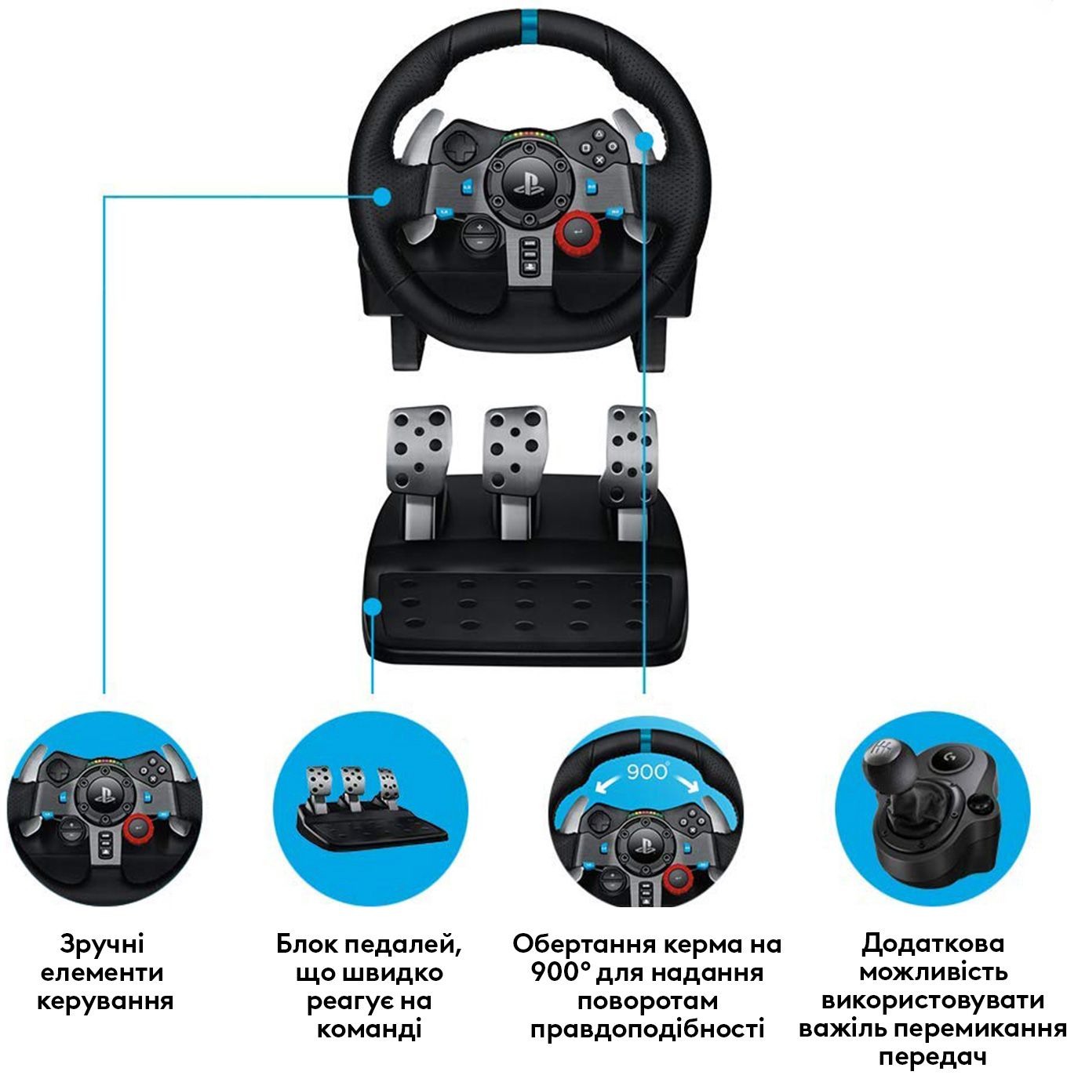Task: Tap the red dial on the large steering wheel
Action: coord(578,232)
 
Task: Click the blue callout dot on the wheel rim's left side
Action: coord(382,196)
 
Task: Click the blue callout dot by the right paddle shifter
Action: coord(645,140)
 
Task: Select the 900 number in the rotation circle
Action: coord(646,772)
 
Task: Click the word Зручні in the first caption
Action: coord(102,944)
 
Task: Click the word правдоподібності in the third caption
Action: coord(647,1029)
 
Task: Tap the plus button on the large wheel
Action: coord(479,227)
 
